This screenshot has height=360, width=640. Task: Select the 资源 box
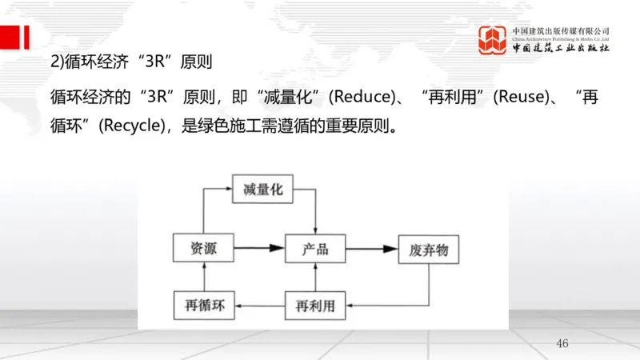tap(203, 249)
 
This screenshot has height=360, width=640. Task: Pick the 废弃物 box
tap(429, 249)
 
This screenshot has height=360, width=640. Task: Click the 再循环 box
tap(203, 305)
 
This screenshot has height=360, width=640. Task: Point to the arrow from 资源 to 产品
tap(259, 249)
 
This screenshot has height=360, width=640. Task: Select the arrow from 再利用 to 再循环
tap(259, 305)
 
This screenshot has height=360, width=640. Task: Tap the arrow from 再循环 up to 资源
tap(203, 277)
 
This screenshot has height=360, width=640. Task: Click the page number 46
tap(562, 343)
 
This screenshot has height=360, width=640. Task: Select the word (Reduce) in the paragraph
tap(361, 98)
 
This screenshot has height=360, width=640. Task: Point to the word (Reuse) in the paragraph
tap(520, 98)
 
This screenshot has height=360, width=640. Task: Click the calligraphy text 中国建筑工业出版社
tap(561, 47)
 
